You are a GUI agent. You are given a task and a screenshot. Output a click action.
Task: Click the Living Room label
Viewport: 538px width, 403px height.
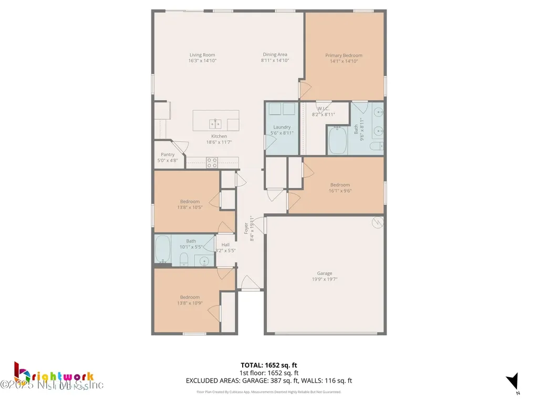202,55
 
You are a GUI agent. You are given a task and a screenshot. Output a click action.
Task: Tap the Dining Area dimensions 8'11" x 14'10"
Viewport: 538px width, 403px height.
275,60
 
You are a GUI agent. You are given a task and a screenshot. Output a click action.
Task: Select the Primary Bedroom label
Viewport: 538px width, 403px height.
344,55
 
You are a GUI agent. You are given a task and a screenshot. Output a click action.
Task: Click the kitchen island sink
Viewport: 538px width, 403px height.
215,123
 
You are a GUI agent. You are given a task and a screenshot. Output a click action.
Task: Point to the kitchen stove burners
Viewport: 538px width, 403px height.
212,163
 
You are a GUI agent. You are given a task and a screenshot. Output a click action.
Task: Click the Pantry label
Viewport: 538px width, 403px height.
168,155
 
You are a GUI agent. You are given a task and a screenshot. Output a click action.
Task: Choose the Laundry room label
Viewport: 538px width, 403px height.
282,127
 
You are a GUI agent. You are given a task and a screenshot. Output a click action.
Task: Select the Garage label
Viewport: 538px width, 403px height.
324,273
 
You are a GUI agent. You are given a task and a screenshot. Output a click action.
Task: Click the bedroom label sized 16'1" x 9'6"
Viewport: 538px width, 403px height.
340,185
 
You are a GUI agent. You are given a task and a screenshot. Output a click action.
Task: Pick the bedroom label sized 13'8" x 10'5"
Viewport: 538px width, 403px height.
190,201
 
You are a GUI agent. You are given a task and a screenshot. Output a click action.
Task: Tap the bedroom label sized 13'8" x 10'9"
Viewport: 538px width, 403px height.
190,298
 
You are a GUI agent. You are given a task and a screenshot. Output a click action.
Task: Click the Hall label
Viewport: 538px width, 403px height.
225,245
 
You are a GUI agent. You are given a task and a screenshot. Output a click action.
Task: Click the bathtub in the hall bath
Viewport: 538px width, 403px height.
162,250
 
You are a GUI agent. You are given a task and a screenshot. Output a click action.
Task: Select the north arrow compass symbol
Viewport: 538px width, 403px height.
513,382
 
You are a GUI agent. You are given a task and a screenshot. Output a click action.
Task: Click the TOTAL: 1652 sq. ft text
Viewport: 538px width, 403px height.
269,365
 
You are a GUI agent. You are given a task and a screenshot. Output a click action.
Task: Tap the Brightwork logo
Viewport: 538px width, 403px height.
53,377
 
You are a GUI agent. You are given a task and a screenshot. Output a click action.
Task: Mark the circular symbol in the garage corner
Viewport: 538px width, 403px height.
376,222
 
